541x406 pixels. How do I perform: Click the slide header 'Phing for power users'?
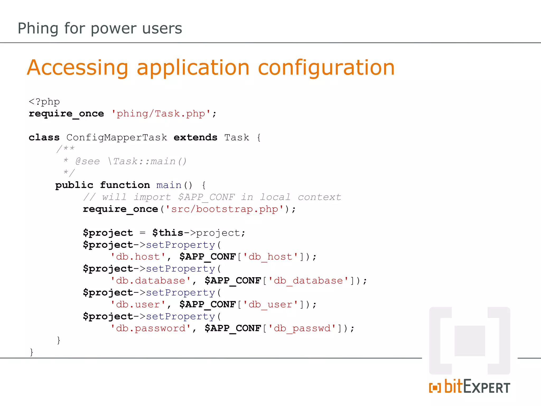pyautogui.click(x=100, y=28)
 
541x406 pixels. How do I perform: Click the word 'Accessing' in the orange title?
pyautogui.click(x=77, y=68)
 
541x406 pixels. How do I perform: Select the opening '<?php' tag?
pyautogui.click(x=44, y=102)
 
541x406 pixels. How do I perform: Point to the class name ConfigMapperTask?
pyautogui.click(x=117, y=137)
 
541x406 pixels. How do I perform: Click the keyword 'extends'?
pyautogui.click(x=195, y=137)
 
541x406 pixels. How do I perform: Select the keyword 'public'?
pyautogui.click(x=74, y=185)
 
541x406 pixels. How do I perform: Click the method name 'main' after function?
pyautogui.click(x=169, y=185)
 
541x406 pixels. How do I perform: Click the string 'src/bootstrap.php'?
pyautogui.click(x=225, y=209)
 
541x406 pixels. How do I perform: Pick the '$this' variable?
pyautogui.click(x=168, y=233)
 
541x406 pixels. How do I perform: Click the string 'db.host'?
pyautogui.click(x=138, y=257)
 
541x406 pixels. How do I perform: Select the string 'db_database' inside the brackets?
pyautogui.click(x=308, y=280)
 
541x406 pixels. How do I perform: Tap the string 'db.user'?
pyautogui.click(x=138, y=304)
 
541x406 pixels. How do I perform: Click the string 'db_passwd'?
pyautogui.click(x=302, y=328)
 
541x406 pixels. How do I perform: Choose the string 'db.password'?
pyautogui.click(x=151, y=328)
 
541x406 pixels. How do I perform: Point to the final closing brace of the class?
pyautogui.click(x=31, y=352)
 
